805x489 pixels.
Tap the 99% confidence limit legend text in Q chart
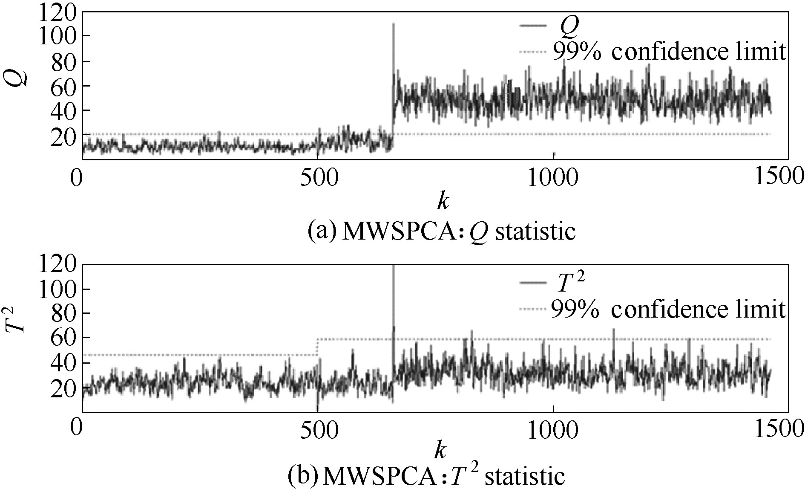(x=668, y=52)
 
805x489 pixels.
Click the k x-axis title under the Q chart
(x=443, y=200)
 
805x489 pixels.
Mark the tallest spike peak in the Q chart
(x=393, y=23)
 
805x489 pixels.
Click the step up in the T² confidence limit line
(x=316, y=347)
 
